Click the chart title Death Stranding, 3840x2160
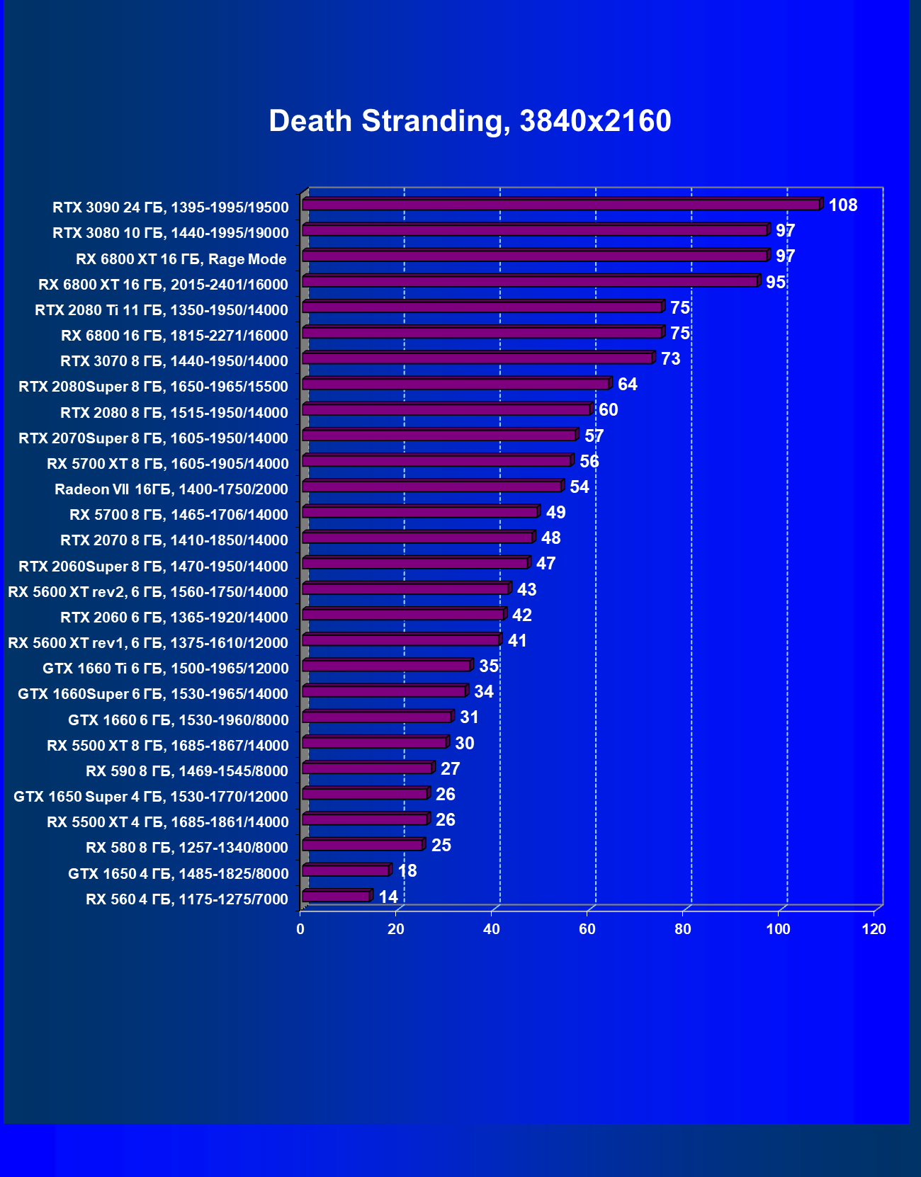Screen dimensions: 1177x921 (x=470, y=121)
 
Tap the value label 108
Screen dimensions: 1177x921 (x=842, y=205)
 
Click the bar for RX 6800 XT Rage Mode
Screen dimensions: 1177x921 (x=535, y=256)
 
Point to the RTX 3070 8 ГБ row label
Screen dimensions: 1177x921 (x=174, y=361)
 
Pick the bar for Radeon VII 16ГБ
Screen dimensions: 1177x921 (x=432, y=487)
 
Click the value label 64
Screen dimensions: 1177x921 (x=628, y=385)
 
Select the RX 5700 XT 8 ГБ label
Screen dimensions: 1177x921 (x=168, y=464)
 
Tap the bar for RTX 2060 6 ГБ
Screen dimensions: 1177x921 (x=402, y=615)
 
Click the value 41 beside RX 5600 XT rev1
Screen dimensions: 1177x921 (x=517, y=641)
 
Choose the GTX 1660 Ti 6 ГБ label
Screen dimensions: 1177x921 (x=166, y=669)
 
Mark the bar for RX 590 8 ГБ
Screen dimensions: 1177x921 (x=367, y=768)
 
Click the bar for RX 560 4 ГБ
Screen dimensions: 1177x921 (x=336, y=897)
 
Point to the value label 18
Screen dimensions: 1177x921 (x=407, y=871)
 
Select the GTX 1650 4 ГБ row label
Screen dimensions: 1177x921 (x=179, y=874)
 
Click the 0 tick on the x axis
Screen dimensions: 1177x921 (x=300, y=929)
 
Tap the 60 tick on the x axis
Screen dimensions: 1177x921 (x=587, y=929)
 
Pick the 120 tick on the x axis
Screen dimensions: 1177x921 (x=874, y=929)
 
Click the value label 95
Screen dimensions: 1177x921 (x=776, y=283)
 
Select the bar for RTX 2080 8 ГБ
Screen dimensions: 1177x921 (x=446, y=410)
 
